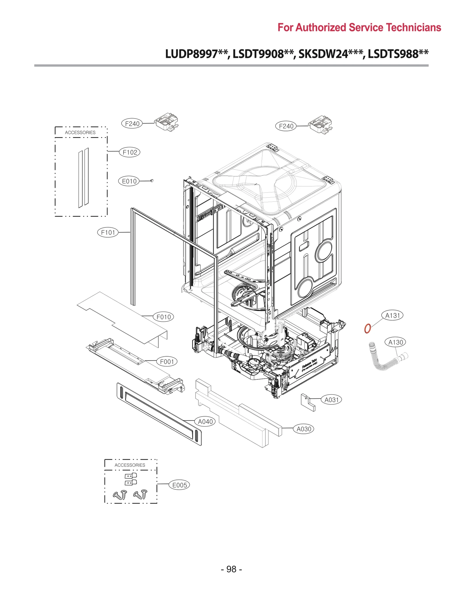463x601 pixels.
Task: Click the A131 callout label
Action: click(392, 315)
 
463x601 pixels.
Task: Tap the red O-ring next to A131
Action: click(367, 328)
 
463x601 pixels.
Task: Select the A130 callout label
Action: click(395, 342)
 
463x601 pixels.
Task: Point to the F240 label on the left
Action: click(132, 124)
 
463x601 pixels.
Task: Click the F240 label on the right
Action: click(286, 126)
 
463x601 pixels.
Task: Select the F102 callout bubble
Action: click(130, 152)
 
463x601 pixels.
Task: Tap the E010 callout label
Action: click(129, 181)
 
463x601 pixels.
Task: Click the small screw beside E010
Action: click(152, 181)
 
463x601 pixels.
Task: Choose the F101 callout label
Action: click(108, 232)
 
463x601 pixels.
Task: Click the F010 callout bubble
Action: click(163, 317)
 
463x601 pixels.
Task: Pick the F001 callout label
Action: click(167, 362)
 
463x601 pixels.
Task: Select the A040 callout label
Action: click(205, 422)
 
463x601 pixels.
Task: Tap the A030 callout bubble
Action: click(304, 429)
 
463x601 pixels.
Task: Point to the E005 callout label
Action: click(179, 485)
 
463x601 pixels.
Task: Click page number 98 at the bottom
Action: click(231, 569)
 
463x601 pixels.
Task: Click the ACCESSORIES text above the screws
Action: click(130, 465)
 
